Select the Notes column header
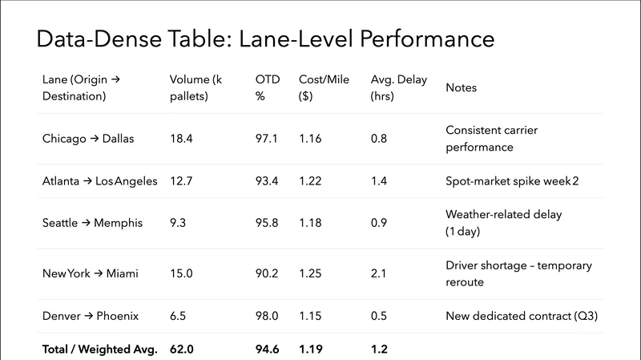click(x=461, y=87)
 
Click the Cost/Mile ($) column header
click(x=324, y=87)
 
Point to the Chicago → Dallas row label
click(x=88, y=138)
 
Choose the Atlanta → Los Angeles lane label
click(x=99, y=181)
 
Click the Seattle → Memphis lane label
click(x=92, y=222)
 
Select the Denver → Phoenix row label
click(x=91, y=316)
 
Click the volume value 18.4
click(x=181, y=138)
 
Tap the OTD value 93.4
click(x=267, y=181)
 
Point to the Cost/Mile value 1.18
click(x=310, y=222)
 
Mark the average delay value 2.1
click(x=379, y=273)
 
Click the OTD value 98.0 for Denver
click(x=267, y=316)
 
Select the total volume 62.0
click(x=182, y=349)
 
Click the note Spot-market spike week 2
click(x=512, y=181)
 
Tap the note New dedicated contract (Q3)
click(x=522, y=316)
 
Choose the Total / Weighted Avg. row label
click(x=99, y=349)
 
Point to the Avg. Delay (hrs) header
click(x=399, y=87)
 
